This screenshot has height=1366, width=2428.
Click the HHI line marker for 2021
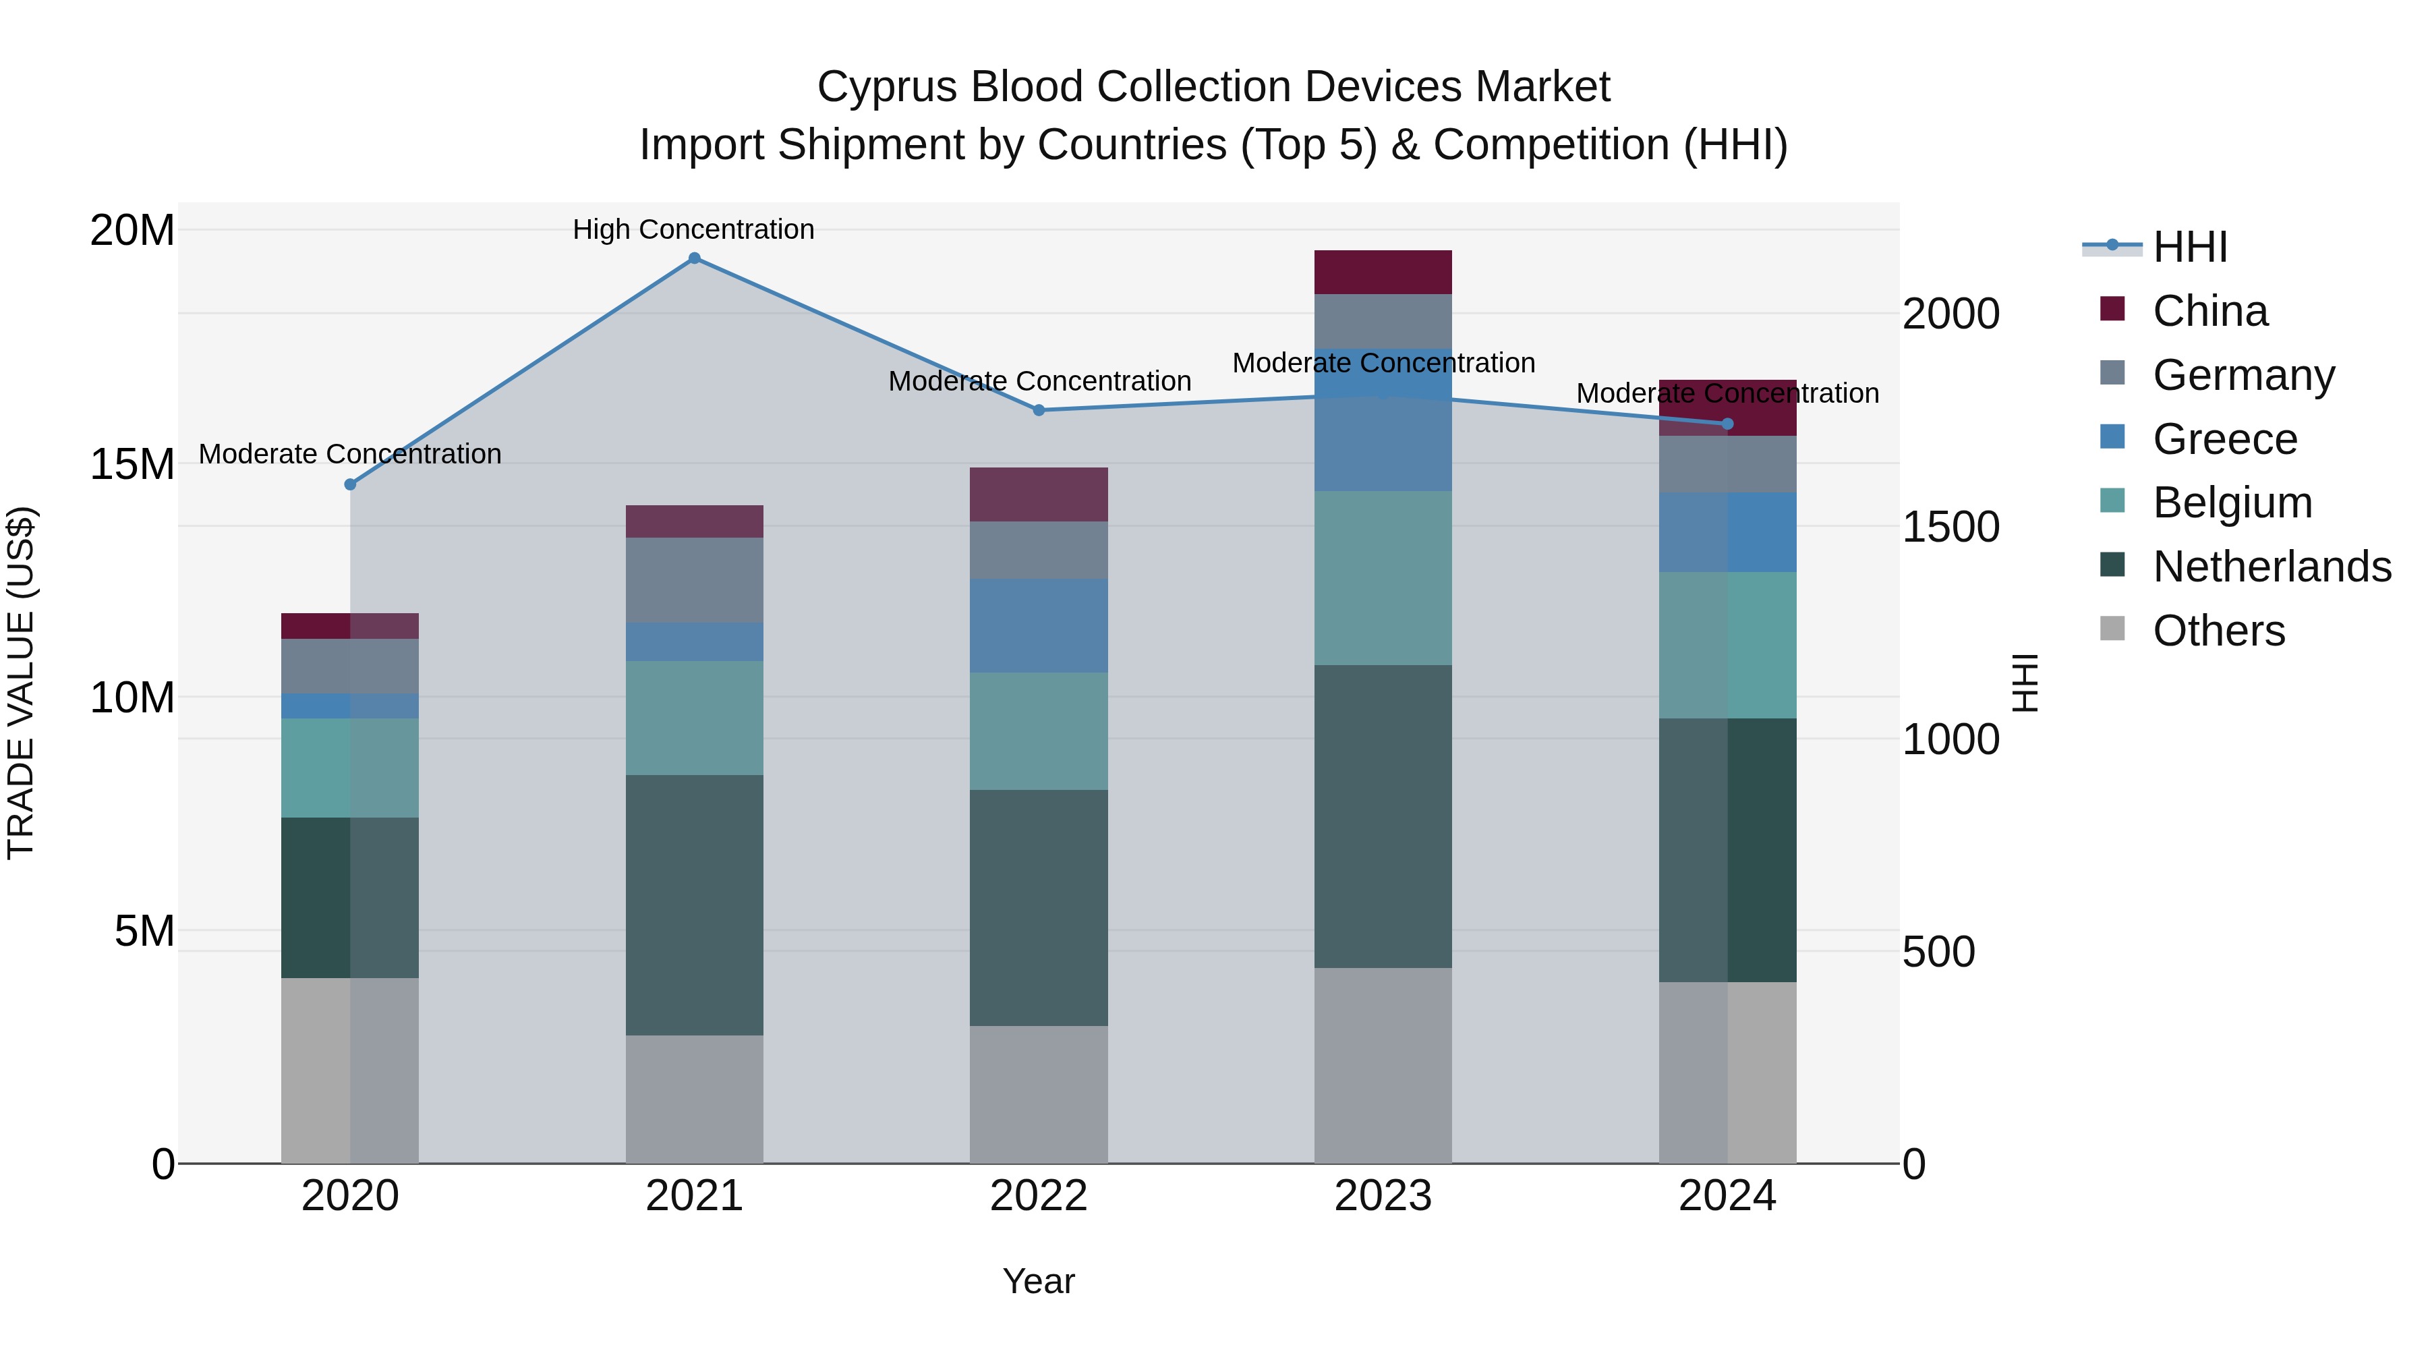coord(694,258)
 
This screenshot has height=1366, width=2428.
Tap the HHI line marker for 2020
coord(349,484)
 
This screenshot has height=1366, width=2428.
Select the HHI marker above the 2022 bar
coord(1039,410)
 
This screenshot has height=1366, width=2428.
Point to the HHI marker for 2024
coord(1728,424)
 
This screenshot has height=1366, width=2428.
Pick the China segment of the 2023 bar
coord(1383,273)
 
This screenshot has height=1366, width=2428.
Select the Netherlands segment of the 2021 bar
coord(694,905)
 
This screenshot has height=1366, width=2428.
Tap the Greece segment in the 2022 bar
coord(1039,625)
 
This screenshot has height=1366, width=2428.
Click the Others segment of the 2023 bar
coord(1383,1065)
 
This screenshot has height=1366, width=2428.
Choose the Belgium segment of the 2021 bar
coord(694,718)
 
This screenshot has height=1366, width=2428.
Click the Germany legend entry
coord(2243,375)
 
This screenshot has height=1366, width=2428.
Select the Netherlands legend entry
coord(2272,567)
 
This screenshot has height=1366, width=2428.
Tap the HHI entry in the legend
coord(2189,247)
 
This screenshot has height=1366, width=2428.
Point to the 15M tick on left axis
coord(132,465)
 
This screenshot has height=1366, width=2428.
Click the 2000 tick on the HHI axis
coord(1950,314)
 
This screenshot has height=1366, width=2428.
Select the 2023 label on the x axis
coord(1383,1196)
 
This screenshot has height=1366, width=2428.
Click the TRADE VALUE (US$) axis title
coord(21,683)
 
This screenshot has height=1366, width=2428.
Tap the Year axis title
coord(1038,1281)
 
